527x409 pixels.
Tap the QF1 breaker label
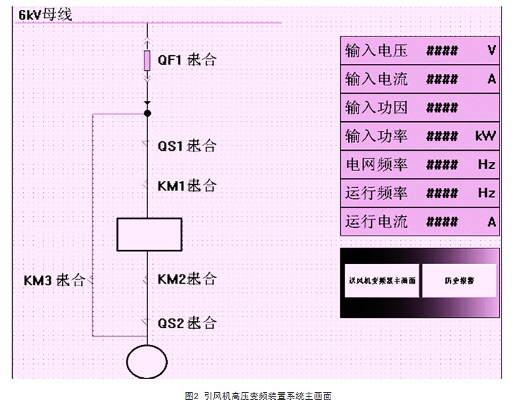tap(186, 60)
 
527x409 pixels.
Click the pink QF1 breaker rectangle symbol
tap(147, 61)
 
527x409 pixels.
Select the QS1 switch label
tap(186, 146)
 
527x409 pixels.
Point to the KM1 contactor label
tap(186, 186)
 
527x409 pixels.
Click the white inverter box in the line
tap(149, 234)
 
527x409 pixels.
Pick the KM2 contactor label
tap(186, 279)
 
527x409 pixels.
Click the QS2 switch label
tap(186, 323)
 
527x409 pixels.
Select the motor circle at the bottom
tap(147, 361)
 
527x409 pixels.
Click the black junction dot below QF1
tap(147, 113)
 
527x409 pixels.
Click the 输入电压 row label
tap(376, 51)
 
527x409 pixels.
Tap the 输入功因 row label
tap(376, 108)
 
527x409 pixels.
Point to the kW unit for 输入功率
tap(485, 137)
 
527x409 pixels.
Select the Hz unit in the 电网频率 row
tap(486, 165)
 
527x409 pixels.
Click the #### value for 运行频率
tap(442, 193)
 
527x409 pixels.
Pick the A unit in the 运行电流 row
tap(491, 222)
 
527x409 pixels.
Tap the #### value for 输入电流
tap(442, 79)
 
